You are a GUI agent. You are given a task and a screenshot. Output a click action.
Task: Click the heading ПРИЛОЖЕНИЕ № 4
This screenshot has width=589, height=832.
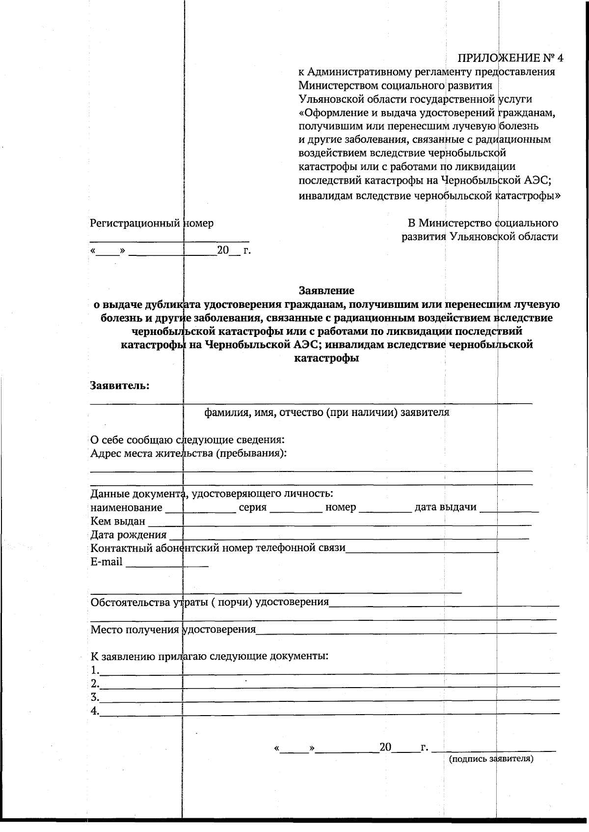(510, 58)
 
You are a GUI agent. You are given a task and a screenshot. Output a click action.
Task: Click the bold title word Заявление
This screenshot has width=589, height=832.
(326, 290)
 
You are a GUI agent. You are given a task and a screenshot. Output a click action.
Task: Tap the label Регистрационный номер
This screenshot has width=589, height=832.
(151, 223)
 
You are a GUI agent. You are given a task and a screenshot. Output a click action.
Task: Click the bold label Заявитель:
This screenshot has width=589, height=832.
(120, 386)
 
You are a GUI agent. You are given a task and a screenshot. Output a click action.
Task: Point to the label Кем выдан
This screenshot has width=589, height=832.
(118, 521)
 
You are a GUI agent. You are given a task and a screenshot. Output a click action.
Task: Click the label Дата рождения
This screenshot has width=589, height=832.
(128, 534)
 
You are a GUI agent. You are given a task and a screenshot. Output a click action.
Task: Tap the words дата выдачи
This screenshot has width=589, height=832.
(445, 507)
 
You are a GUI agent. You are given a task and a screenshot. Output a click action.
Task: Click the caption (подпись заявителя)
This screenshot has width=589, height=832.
(491, 773)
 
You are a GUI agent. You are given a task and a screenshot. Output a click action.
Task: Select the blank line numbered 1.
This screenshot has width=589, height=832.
(329, 671)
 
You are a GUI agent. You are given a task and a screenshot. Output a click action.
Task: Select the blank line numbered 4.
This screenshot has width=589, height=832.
(329, 712)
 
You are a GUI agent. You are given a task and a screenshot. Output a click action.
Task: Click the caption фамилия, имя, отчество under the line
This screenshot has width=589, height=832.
(326, 412)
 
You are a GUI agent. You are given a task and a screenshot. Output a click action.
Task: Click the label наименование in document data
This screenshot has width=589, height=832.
(126, 507)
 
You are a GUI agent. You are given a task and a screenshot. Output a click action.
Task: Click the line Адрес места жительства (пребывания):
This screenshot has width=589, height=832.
(188, 453)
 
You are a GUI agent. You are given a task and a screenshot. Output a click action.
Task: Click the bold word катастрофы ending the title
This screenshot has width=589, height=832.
(326, 358)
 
